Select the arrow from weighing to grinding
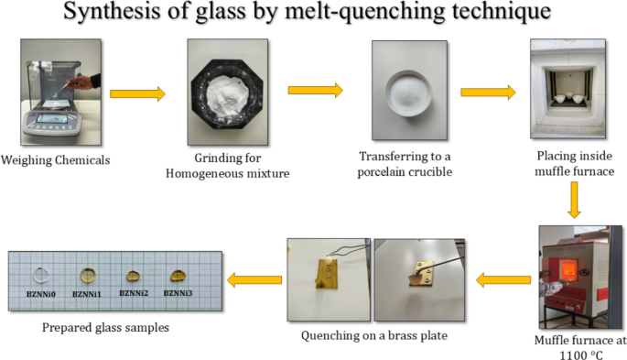[x=137, y=93]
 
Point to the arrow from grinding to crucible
[x=315, y=90]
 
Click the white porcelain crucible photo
[x=400, y=87]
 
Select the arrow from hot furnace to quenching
[x=503, y=278]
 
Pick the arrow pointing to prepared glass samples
[x=254, y=278]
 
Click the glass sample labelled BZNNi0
[x=40, y=273]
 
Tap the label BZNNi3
[x=177, y=293]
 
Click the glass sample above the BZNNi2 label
[x=133, y=275]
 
